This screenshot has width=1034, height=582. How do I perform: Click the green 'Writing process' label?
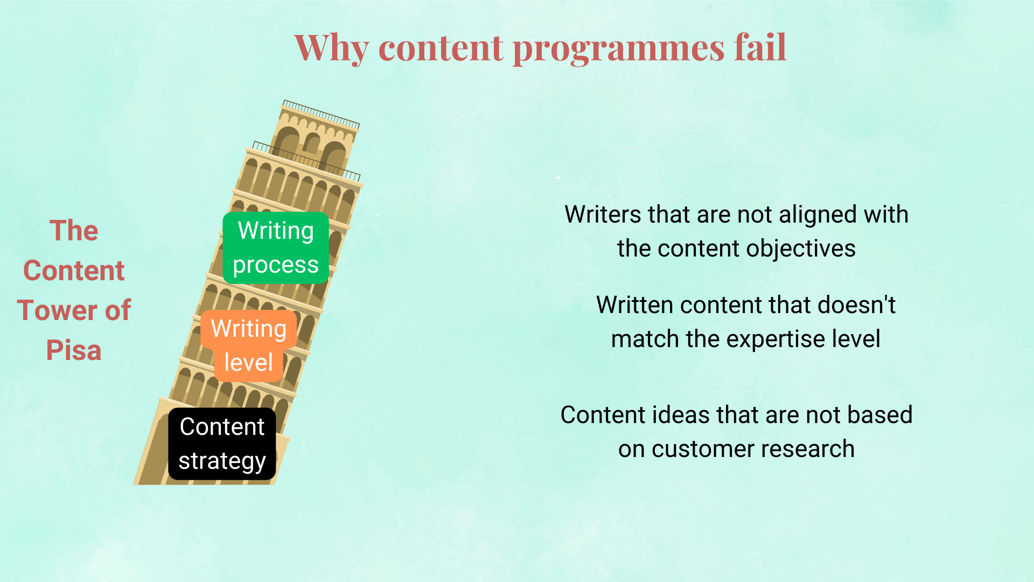tap(276, 248)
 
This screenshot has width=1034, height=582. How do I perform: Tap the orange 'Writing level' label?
tap(248, 345)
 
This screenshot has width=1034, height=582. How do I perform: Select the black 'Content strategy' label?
tap(222, 444)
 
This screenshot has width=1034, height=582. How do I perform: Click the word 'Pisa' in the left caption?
tap(74, 351)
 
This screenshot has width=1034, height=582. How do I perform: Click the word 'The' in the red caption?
tap(74, 231)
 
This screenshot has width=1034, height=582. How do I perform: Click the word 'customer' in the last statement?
tap(701, 449)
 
